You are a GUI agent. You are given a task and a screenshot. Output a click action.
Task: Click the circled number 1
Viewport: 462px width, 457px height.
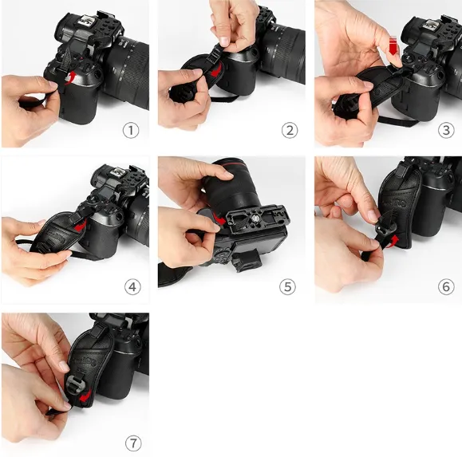tap(131, 131)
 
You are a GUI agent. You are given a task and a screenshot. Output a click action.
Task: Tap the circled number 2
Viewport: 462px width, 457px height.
tap(290, 131)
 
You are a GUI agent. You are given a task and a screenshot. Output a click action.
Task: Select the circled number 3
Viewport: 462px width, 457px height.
tap(446, 131)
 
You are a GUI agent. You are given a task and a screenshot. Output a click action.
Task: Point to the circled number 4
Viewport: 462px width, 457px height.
tap(132, 286)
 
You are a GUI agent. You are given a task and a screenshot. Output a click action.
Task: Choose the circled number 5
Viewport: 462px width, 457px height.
tap(287, 286)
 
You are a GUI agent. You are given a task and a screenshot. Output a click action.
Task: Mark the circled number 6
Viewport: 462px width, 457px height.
tap(446, 286)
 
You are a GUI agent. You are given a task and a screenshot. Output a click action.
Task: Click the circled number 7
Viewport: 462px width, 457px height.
tap(133, 443)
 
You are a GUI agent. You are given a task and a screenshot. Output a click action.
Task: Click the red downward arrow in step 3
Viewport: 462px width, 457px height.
tap(393, 45)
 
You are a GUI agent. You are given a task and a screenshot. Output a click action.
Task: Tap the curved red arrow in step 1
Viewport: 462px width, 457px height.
tap(70, 79)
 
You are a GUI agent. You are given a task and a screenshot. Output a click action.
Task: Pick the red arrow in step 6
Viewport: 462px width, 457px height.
tap(393, 242)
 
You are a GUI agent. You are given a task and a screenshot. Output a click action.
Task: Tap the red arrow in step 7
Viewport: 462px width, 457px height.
tap(85, 396)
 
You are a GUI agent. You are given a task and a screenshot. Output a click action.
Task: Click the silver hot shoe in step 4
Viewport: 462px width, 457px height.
tap(118, 171)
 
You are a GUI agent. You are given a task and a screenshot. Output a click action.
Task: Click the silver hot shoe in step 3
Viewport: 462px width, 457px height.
tap(431, 25)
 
